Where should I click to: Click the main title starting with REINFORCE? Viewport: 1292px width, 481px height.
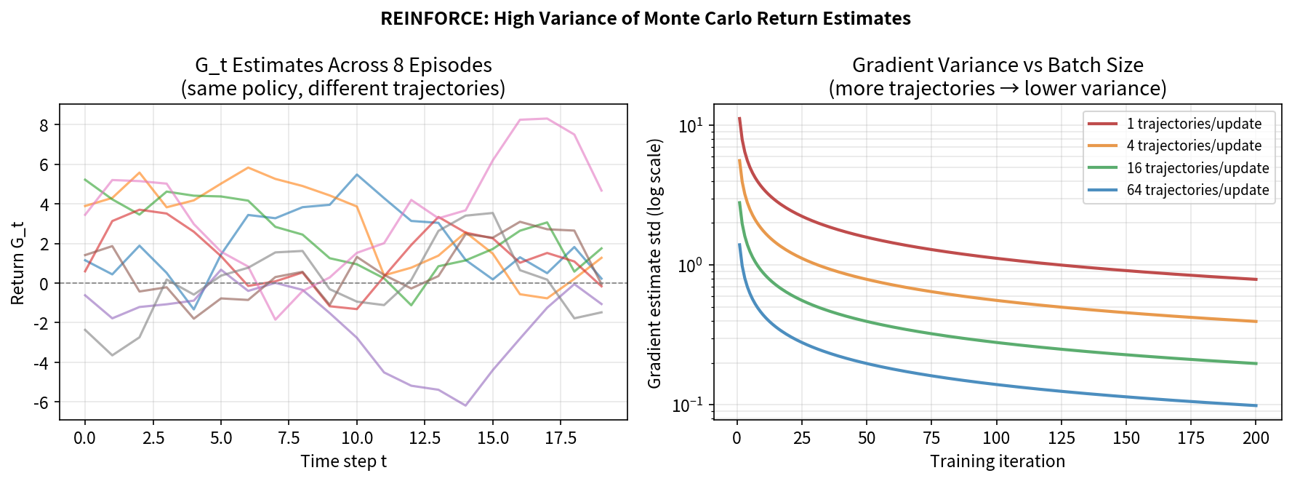tap(645, 18)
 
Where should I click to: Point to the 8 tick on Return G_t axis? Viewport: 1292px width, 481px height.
tap(44, 125)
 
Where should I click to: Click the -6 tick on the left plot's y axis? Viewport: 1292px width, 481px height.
tap(41, 402)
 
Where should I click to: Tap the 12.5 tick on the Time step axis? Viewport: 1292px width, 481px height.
tap(425, 438)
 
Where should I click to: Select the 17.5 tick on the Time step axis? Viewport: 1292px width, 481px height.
tap(561, 438)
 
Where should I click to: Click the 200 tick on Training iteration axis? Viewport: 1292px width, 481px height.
tap(1256, 438)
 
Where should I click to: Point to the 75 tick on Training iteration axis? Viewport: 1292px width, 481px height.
tap(931, 438)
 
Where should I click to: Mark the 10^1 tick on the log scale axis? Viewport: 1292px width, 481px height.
tap(690, 126)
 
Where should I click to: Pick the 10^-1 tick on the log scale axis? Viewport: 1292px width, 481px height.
tap(688, 405)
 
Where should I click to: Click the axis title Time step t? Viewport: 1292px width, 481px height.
tap(343, 461)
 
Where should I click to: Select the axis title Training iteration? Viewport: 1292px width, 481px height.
tap(997, 461)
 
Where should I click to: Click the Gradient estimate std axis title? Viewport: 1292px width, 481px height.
tap(654, 263)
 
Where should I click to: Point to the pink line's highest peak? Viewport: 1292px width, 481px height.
tap(547, 118)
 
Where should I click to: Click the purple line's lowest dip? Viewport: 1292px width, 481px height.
tap(465, 405)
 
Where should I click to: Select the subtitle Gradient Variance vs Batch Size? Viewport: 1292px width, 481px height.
tap(997, 65)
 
